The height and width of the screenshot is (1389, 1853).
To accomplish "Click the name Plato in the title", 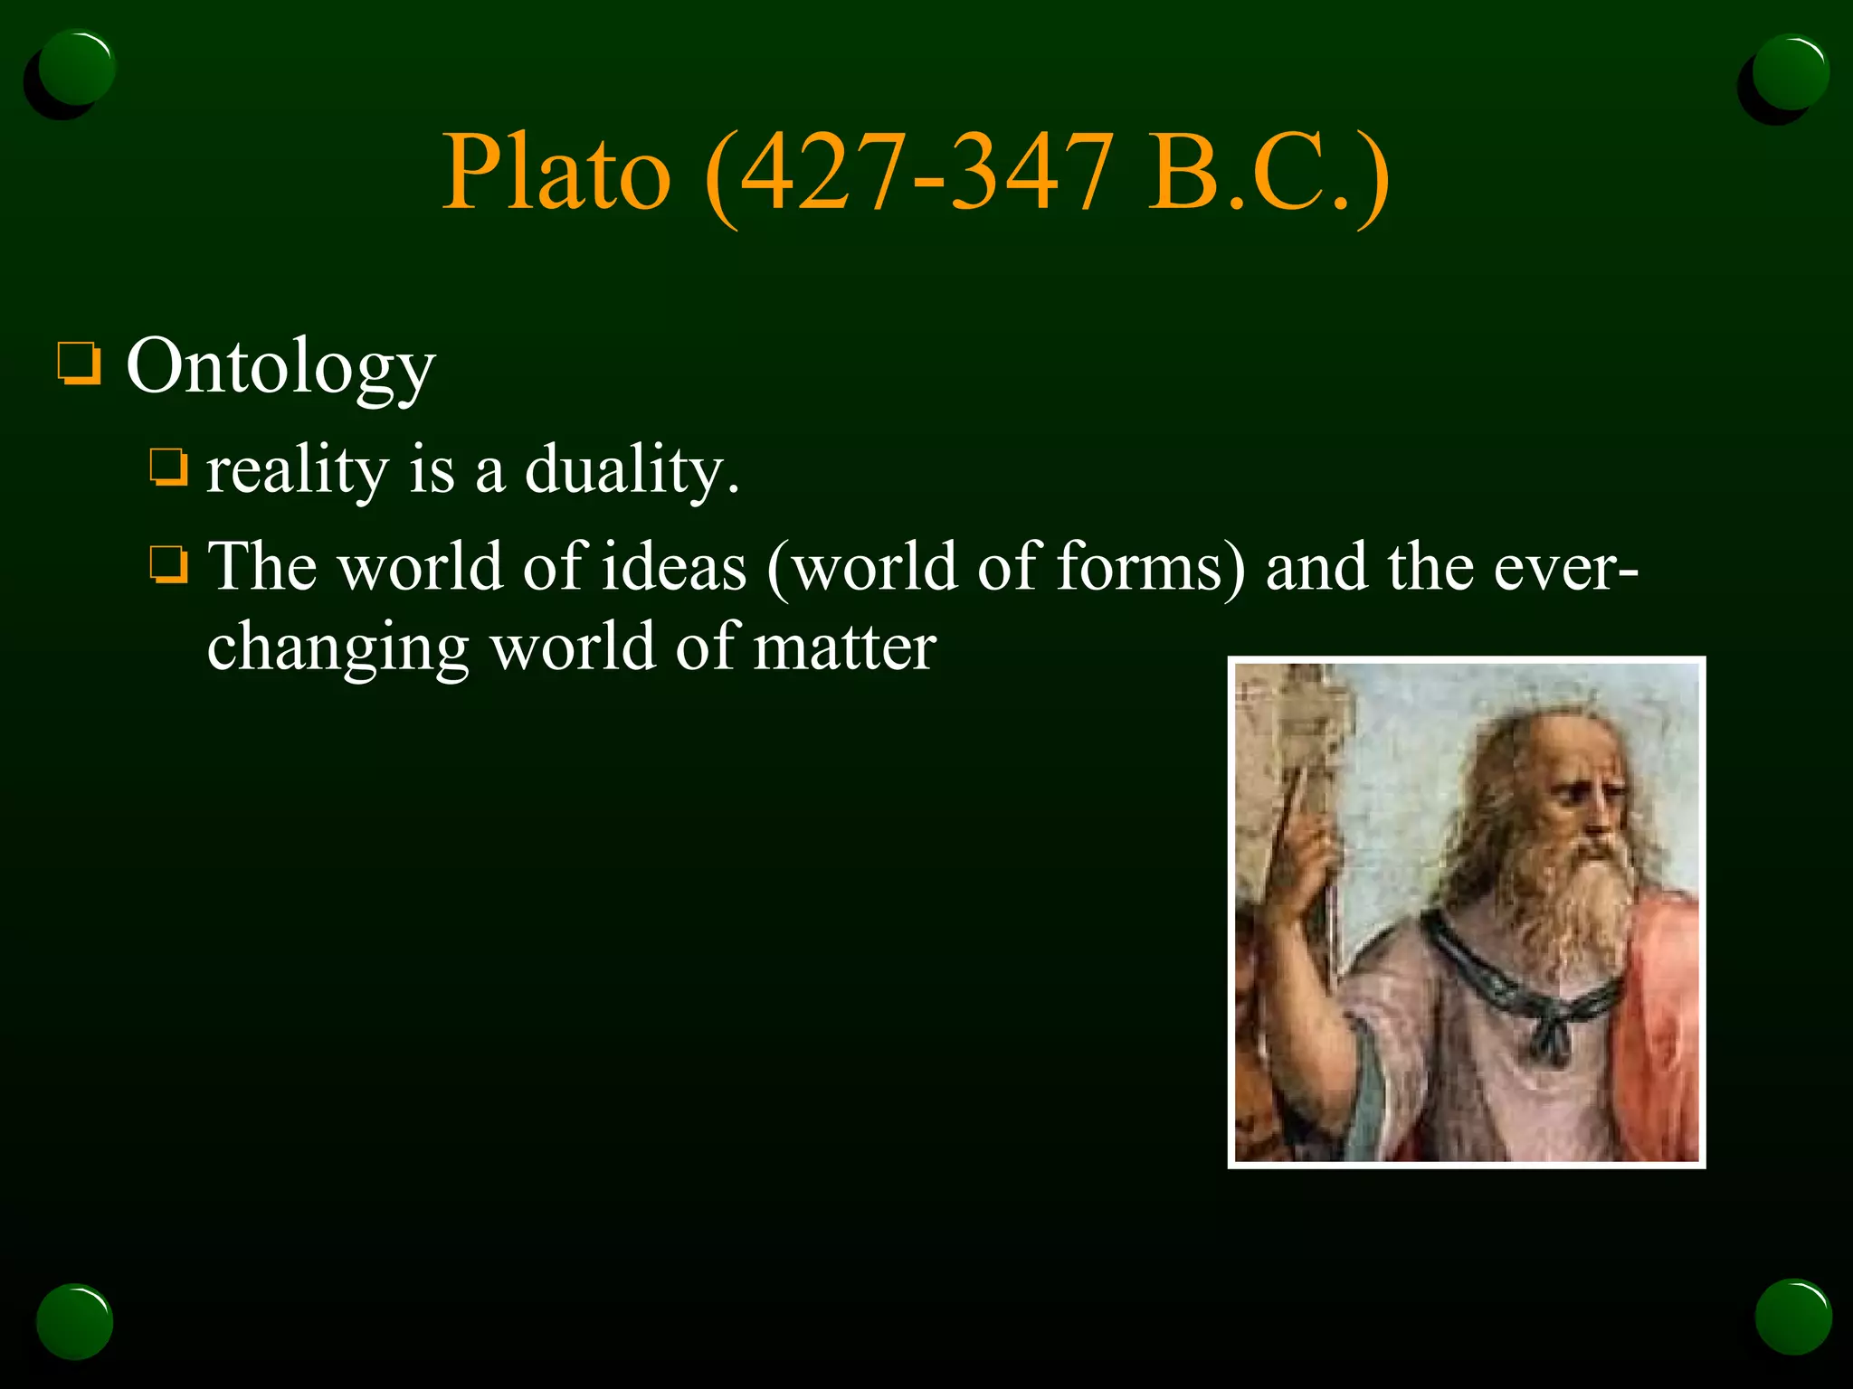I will pos(556,172).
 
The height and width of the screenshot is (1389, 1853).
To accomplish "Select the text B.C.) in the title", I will pos(1267,172).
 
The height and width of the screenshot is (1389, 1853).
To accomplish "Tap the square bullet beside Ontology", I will pos(80,364).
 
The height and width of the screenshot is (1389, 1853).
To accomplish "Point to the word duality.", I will pos(632,470).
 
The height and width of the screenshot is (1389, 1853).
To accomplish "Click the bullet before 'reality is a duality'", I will pos(169,468).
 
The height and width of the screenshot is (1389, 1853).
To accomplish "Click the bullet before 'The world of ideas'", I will pos(169,565).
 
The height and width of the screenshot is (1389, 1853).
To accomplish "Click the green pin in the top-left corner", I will pos(77,68).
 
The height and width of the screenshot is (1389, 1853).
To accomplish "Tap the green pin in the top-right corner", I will pos(1790,72).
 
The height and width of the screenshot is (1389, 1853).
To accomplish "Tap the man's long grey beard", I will pos(1574,904).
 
